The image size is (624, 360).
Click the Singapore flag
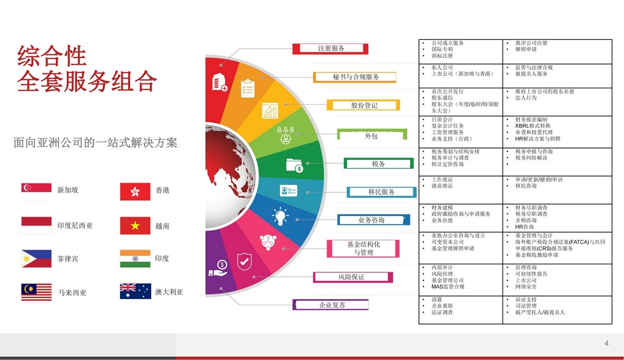click(36, 192)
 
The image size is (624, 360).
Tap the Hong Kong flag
click(136, 192)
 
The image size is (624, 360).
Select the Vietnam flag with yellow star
click(136, 225)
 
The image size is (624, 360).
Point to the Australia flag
click(136, 291)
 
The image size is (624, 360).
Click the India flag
click(136, 258)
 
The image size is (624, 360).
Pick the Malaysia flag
click(36, 292)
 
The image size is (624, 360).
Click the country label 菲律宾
click(68, 259)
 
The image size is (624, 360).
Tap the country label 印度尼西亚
click(75, 225)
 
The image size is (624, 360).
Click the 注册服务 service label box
click(330, 48)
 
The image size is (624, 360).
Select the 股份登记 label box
click(363, 105)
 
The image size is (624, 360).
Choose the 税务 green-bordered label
click(379, 164)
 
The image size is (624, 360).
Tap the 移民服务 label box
click(381, 192)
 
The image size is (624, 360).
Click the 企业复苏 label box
click(331, 305)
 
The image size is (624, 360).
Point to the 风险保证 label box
click(353, 277)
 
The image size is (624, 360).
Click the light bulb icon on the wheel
click(280, 216)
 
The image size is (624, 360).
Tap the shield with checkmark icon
click(244, 262)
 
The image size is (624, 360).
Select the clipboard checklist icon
click(247, 88)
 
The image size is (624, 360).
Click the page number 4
click(606, 343)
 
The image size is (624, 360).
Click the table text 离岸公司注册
click(531, 43)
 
